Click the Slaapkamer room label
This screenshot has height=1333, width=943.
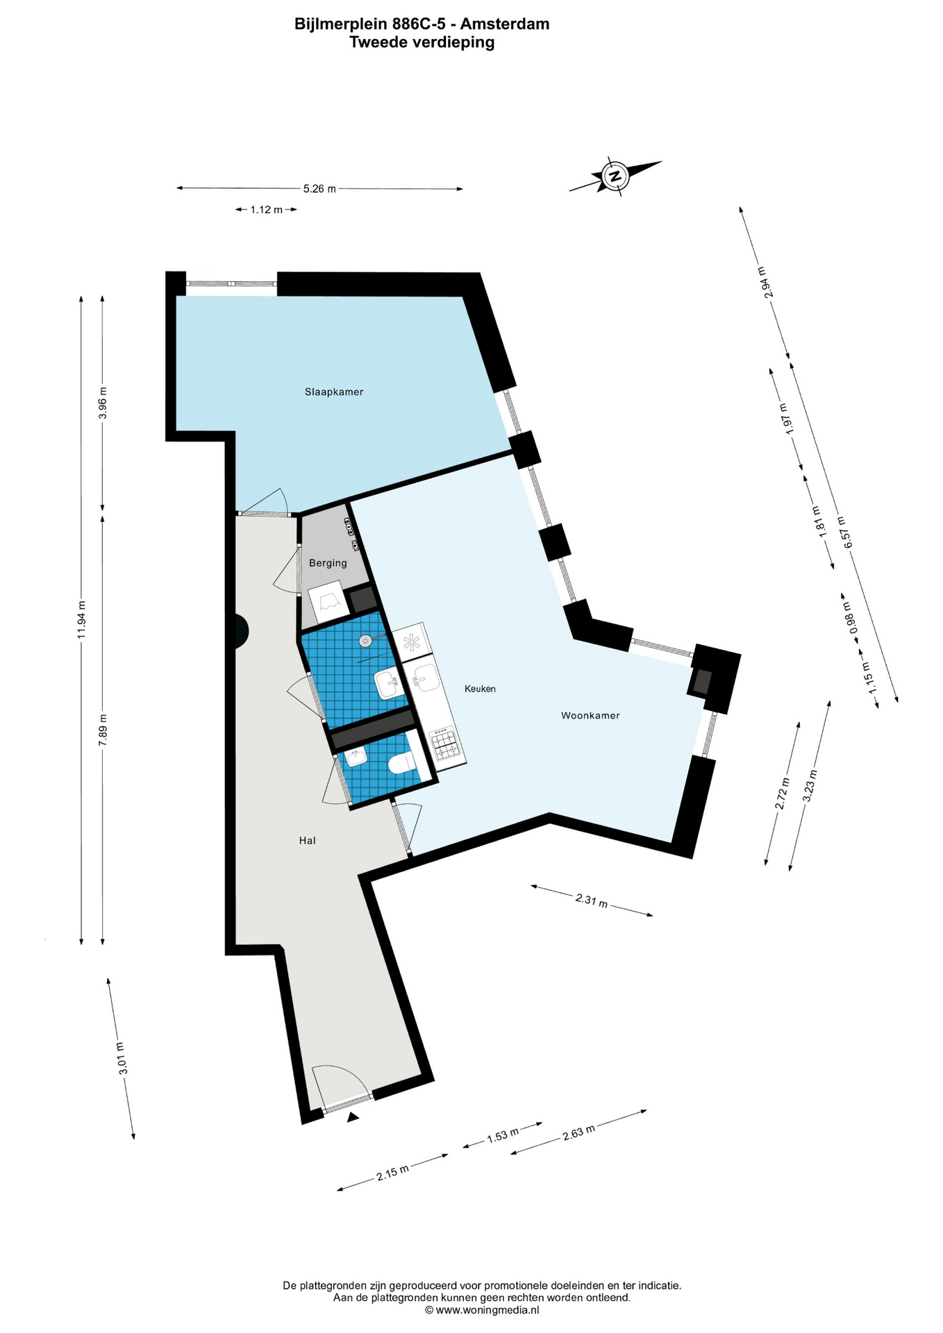click(334, 392)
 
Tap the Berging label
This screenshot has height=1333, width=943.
click(328, 563)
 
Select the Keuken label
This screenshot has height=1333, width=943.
click(480, 689)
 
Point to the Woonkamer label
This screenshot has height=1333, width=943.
click(590, 716)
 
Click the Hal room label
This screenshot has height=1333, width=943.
click(307, 841)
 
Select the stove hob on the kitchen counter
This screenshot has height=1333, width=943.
click(445, 744)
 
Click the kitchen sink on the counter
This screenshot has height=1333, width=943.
click(424, 678)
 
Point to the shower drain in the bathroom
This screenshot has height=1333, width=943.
click(365, 641)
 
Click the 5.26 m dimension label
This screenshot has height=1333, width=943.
click(319, 189)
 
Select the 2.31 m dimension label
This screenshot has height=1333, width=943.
click(592, 901)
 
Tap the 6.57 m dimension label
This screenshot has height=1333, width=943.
click(844, 533)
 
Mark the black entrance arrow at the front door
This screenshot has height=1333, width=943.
click(353, 1117)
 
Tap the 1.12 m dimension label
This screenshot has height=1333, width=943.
click(267, 210)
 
